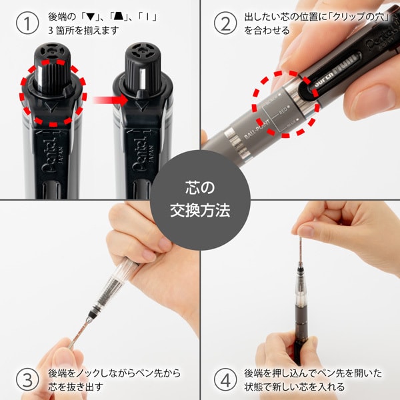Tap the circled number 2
tap(225, 23)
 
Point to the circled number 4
tap(225, 380)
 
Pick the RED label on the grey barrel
tap(279, 114)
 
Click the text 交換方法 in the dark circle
tap(200, 211)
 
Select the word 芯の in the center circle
tap(200, 189)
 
